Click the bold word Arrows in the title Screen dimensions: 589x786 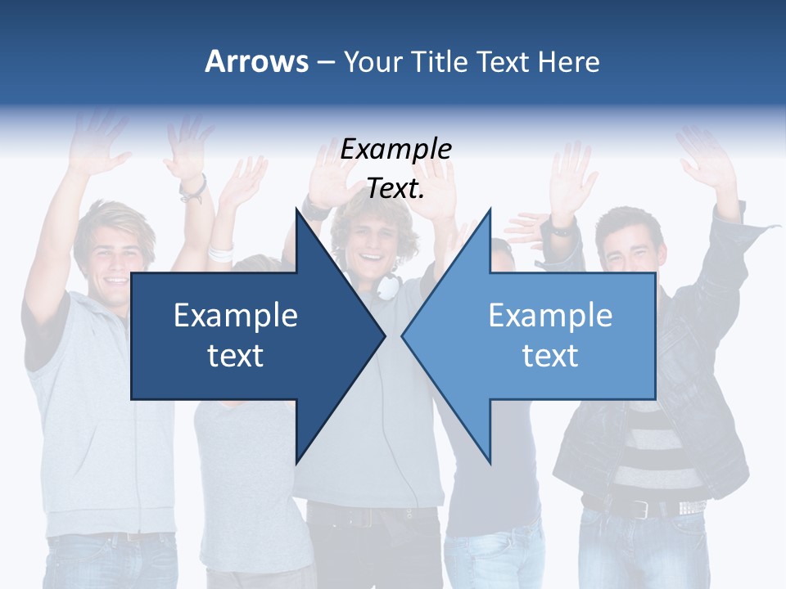[x=256, y=61]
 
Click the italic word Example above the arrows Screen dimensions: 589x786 [x=395, y=150]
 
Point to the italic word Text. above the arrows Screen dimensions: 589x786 [x=395, y=188]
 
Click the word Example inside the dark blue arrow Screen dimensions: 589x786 [x=236, y=315]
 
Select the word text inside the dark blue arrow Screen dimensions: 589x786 [x=236, y=355]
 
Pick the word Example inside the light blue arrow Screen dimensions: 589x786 [x=550, y=315]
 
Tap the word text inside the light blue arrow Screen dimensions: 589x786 [x=550, y=355]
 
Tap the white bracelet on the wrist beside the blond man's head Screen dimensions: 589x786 [x=220, y=251]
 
